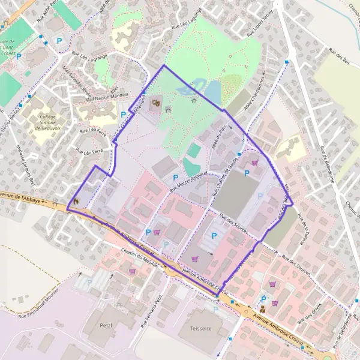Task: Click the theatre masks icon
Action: click(x=156, y=103)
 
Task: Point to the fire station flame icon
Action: click(x=76, y=201)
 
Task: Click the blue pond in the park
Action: click(x=212, y=92)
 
